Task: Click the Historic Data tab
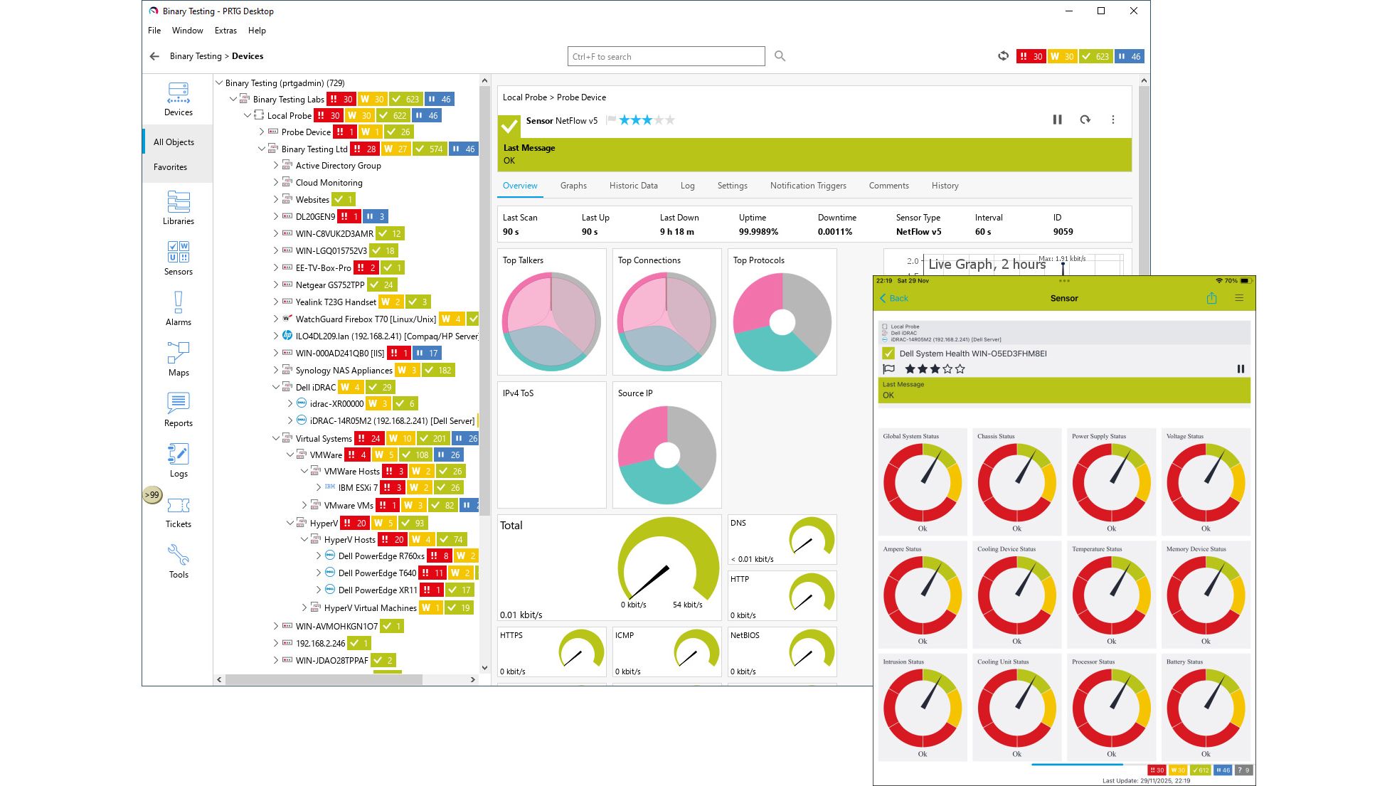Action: point(633,186)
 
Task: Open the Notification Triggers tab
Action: point(808,186)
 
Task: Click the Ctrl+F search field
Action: point(666,57)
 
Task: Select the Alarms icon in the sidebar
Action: point(178,308)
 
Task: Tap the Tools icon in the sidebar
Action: point(178,561)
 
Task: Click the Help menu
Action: point(257,31)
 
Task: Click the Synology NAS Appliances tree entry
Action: point(344,371)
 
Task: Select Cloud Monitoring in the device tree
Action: point(329,183)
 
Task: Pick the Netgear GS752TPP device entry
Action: point(329,285)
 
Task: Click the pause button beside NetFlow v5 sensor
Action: point(1057,120)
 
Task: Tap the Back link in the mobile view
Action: point(894,299)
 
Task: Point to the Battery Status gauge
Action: point(1206,707)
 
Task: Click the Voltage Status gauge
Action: point(1206,482)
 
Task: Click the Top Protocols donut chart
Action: point(782,322)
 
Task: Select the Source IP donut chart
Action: point(666,455)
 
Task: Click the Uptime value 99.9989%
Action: point(758,232)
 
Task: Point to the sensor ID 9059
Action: point(1063,232)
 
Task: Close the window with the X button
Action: point(1134,11)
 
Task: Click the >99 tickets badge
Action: point(152,495)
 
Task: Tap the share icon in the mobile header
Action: point(1211,299)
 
